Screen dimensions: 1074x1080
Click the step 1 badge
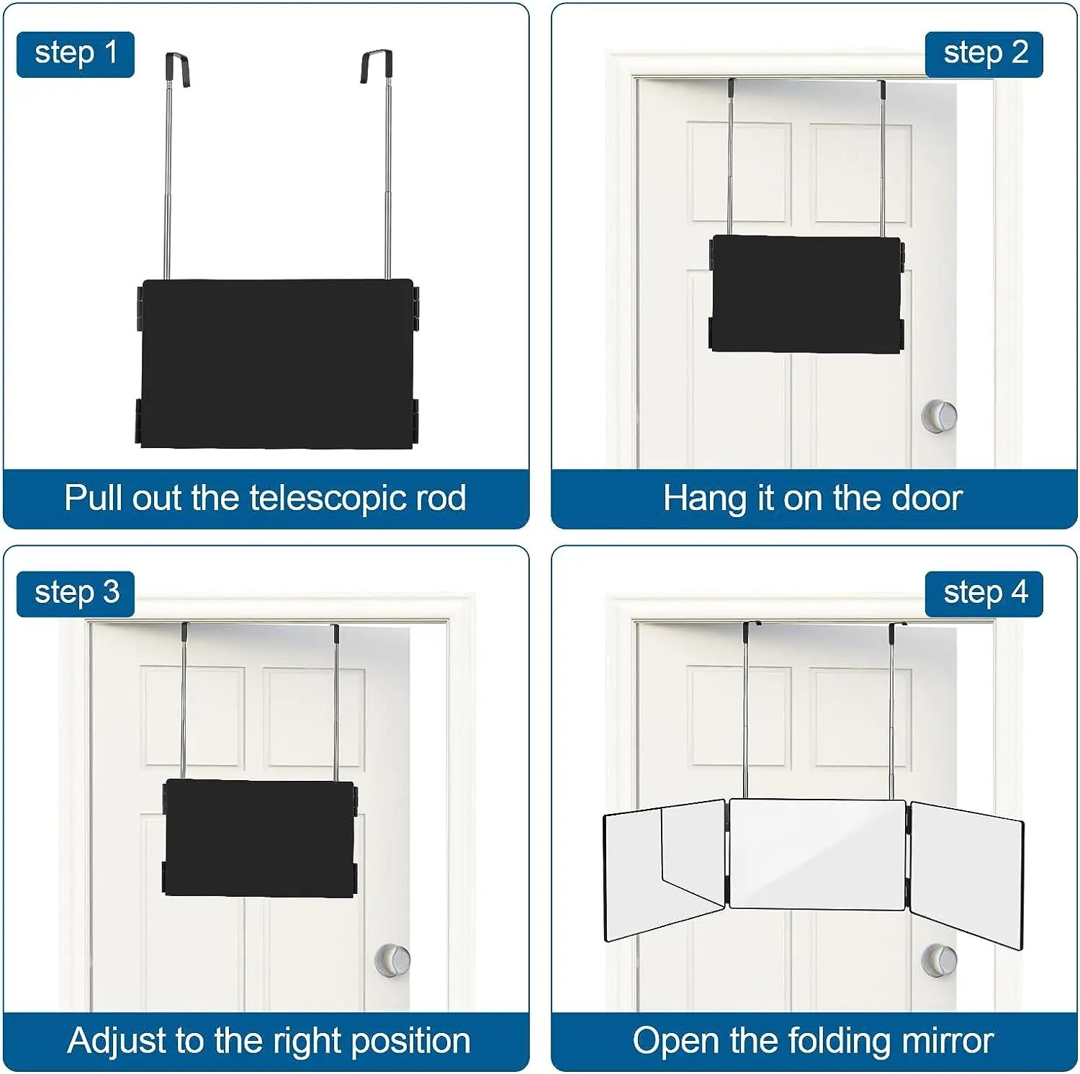tap(75, 54)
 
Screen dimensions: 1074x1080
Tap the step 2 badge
tap(984, 54)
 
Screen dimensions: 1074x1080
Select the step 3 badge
tap(76, 594)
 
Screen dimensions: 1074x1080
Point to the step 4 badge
tap(984, 594)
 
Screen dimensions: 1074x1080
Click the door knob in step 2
tap(939, 416)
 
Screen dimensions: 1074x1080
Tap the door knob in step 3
tap(392, 959)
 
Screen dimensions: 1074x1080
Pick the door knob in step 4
tap(939, 959)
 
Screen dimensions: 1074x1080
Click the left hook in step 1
tap(177, 68)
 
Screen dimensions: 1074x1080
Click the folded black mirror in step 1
tap(277, 364)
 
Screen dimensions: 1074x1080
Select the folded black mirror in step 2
tap(806, 294)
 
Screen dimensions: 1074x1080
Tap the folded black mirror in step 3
tap(260, 838)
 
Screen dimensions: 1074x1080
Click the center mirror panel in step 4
tap(817, 854)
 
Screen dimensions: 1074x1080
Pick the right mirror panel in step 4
tap(966, 873)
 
